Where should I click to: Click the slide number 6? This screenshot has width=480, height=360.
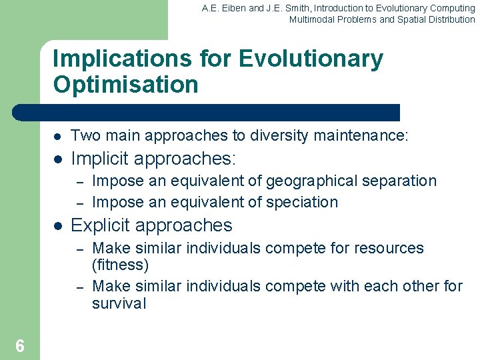(x=20, y=345)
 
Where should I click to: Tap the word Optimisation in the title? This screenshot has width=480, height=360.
(x=125, y=85)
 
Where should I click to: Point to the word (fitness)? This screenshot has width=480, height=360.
(x=120, y=265)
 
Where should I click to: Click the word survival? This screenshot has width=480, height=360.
(x=119, y=304)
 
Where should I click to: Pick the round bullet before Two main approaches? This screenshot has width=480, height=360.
(x=57, y=137)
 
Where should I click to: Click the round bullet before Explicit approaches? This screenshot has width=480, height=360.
(x=57, y=226)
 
